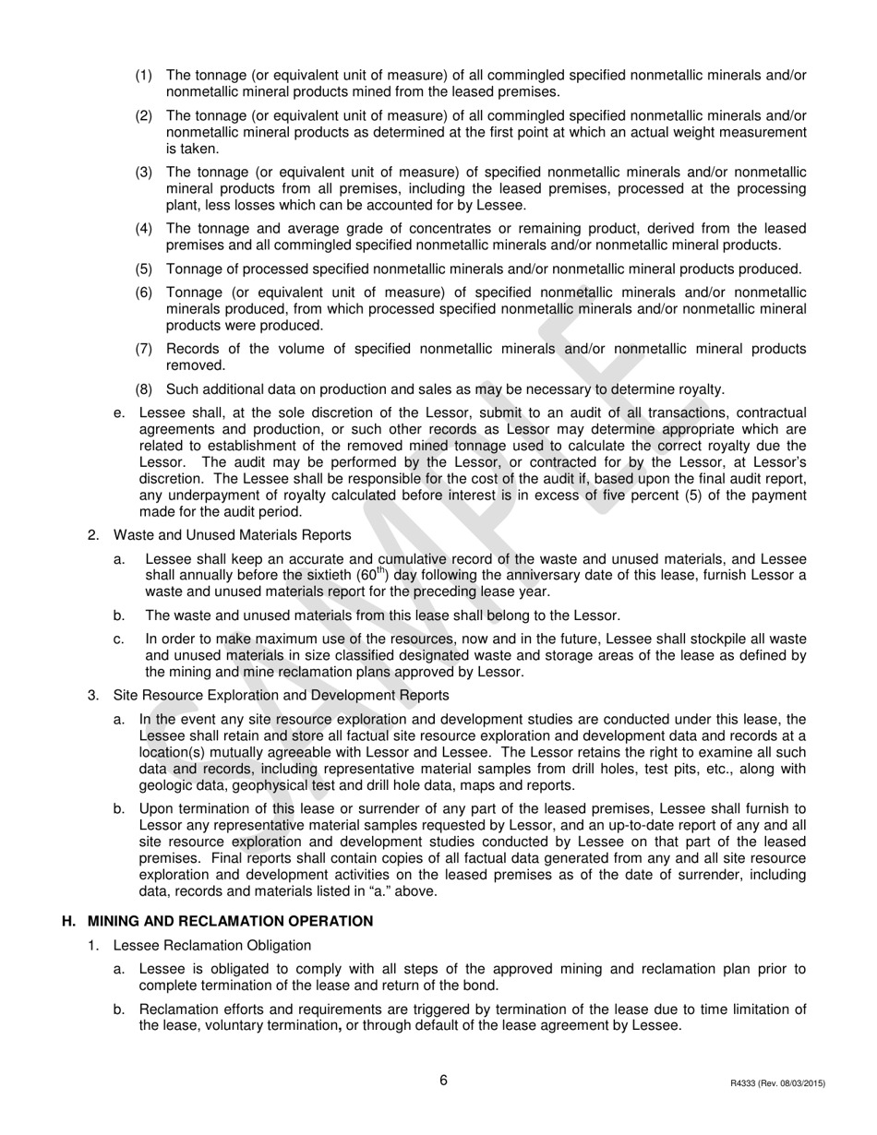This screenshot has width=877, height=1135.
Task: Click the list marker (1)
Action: tap(144, 75)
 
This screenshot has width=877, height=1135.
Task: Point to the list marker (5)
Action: tap(144, 269)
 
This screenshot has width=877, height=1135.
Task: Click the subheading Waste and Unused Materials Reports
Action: tap(232, 534)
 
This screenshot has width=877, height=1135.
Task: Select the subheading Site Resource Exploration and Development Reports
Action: tap(281, 695)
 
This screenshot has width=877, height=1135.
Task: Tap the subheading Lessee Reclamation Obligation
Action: tap(212, 945)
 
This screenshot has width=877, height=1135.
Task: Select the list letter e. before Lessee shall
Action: tap(119, 412)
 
